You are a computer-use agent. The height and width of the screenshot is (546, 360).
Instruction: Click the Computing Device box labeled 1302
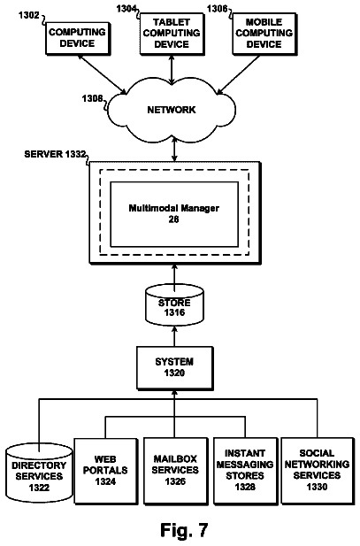79,39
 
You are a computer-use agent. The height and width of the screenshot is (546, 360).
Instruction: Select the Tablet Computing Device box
172,34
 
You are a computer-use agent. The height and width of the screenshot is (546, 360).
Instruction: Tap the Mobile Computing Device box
264,34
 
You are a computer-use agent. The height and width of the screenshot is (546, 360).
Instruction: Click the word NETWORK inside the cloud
172,110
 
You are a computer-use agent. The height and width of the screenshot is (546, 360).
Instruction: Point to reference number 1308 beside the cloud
92,99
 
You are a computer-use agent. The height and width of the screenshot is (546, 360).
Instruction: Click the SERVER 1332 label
55,154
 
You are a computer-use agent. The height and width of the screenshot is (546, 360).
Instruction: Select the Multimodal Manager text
173,208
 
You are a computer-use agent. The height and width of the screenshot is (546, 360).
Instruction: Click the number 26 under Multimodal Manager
173,219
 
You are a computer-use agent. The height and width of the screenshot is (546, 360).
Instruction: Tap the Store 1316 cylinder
174,304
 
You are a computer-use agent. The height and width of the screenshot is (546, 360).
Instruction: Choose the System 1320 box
174,368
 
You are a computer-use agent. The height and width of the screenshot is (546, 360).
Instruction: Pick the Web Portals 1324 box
106,471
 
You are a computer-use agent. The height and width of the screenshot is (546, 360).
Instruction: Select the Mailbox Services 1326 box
175,471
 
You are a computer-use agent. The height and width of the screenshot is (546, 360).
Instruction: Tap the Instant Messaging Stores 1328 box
245,471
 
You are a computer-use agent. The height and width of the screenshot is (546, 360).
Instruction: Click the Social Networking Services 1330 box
318,471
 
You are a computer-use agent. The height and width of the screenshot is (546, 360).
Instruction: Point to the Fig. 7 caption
184,530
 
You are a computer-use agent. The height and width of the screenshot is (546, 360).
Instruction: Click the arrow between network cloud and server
174,149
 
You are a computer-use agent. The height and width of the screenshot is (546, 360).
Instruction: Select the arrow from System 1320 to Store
174,335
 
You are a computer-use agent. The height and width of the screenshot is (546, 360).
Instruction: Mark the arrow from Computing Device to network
102,74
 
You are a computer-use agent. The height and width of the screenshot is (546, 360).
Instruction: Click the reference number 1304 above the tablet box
126,8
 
